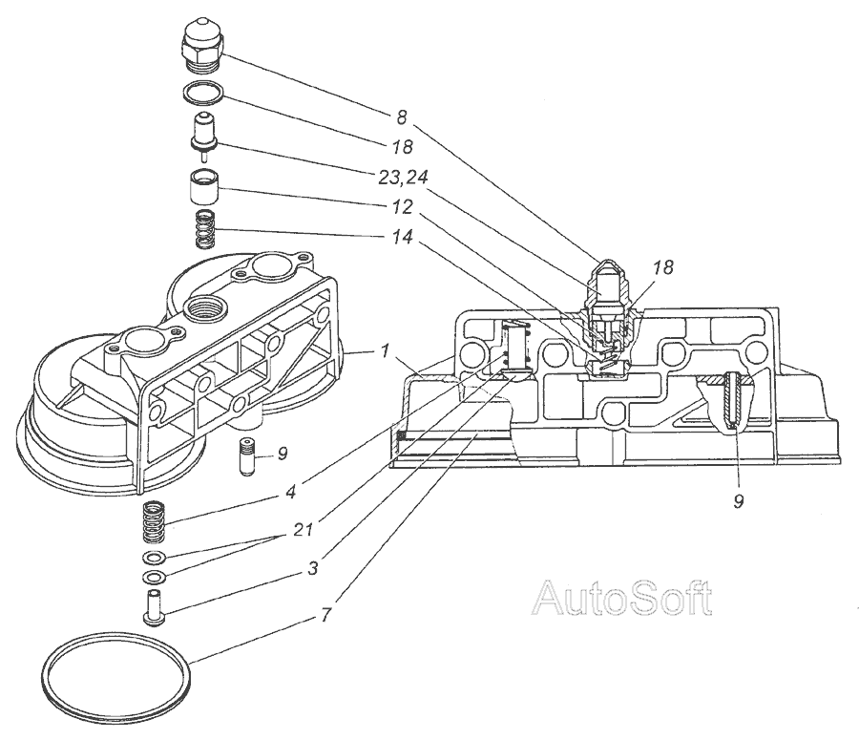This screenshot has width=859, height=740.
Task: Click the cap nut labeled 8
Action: point(202,46)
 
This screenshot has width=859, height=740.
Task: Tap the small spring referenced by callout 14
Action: point(204,229)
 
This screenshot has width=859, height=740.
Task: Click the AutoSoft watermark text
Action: point(621,599)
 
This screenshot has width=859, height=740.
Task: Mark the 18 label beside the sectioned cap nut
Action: point(661,268)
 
